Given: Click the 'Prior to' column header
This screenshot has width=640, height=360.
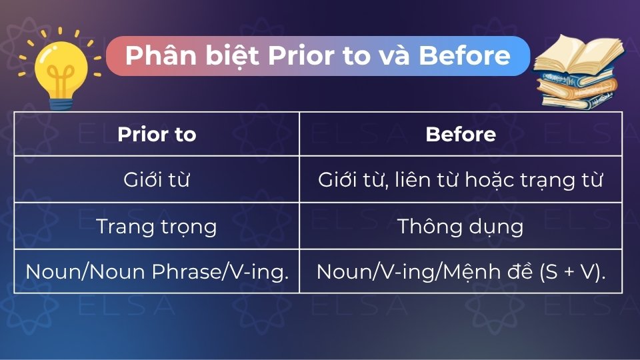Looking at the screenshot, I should (157, 134).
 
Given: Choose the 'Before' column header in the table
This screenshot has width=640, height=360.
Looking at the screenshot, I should (461, 134).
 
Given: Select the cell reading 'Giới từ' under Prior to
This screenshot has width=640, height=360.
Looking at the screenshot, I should (157, 180).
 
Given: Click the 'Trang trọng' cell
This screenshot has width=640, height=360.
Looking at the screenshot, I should (157, 226).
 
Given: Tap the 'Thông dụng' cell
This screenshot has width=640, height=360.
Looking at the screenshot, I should (461, 226).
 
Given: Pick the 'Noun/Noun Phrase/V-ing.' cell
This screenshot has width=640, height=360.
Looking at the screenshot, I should (157, 271).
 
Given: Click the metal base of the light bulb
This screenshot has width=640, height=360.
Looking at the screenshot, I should (62, 99).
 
